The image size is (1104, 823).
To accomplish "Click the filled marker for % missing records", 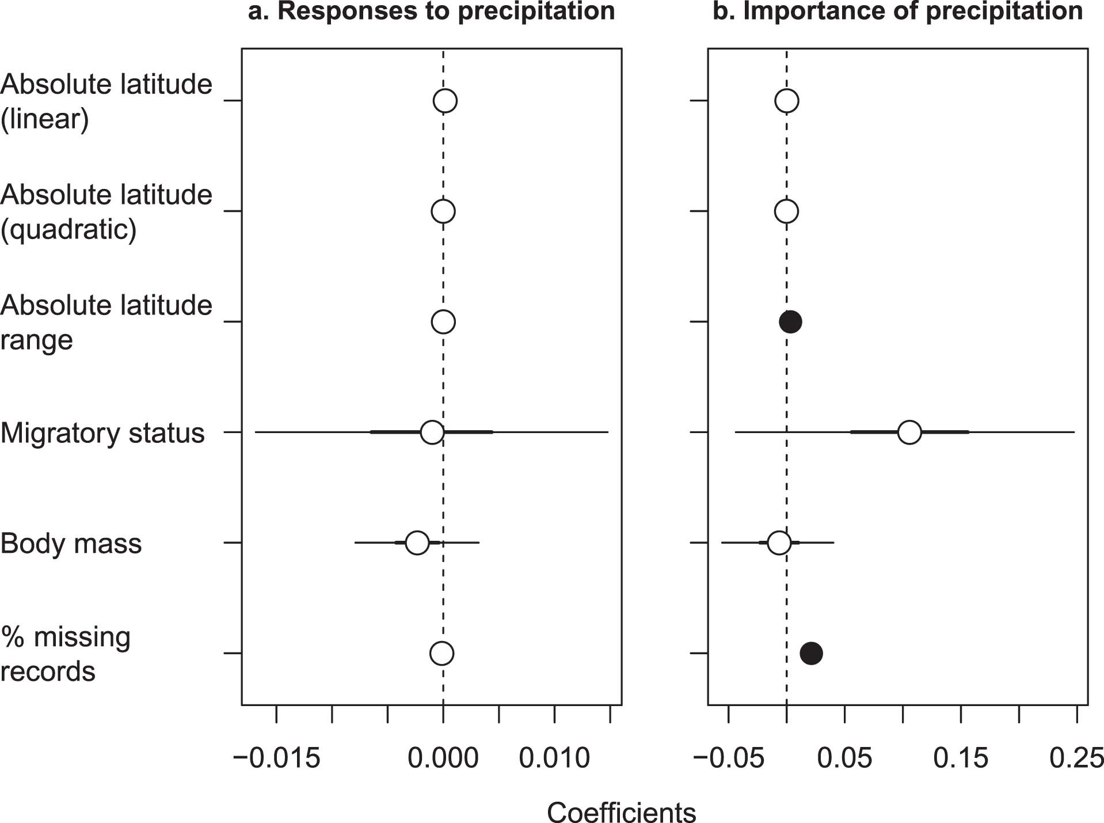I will [x=811, y=653].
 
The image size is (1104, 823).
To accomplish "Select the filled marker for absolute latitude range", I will [x=790, y=321].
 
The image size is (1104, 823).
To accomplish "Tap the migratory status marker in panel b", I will [x=909, y=432].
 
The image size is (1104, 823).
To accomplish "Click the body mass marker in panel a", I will [x=417, y=543].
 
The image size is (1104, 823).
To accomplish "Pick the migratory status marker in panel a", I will [x=432, y=432].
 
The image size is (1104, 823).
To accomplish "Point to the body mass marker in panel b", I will [x=779, y=543].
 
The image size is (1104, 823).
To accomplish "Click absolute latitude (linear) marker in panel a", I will [x=445, y=101].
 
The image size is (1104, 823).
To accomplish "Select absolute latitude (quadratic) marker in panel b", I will [x=786, y=211].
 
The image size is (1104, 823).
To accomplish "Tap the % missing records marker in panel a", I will [x=441, y=653].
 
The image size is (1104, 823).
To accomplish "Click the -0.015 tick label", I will [x=276, y=758].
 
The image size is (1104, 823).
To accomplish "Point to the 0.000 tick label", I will [x=443, y=758].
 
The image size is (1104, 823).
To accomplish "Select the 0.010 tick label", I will [x=554, y=758].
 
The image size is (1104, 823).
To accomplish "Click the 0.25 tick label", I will [x=1076, y=758].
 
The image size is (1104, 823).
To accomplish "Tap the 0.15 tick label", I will [x=960, y=758].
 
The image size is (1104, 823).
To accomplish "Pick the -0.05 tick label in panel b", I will [x=729, y=758].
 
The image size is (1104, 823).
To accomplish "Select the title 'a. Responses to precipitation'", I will [x=431, y=12].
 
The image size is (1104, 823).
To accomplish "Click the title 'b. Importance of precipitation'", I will [x=897, y=12].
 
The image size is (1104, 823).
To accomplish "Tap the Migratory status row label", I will [x=102, y=433].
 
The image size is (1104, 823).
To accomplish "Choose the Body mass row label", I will [x=71, y=544].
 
